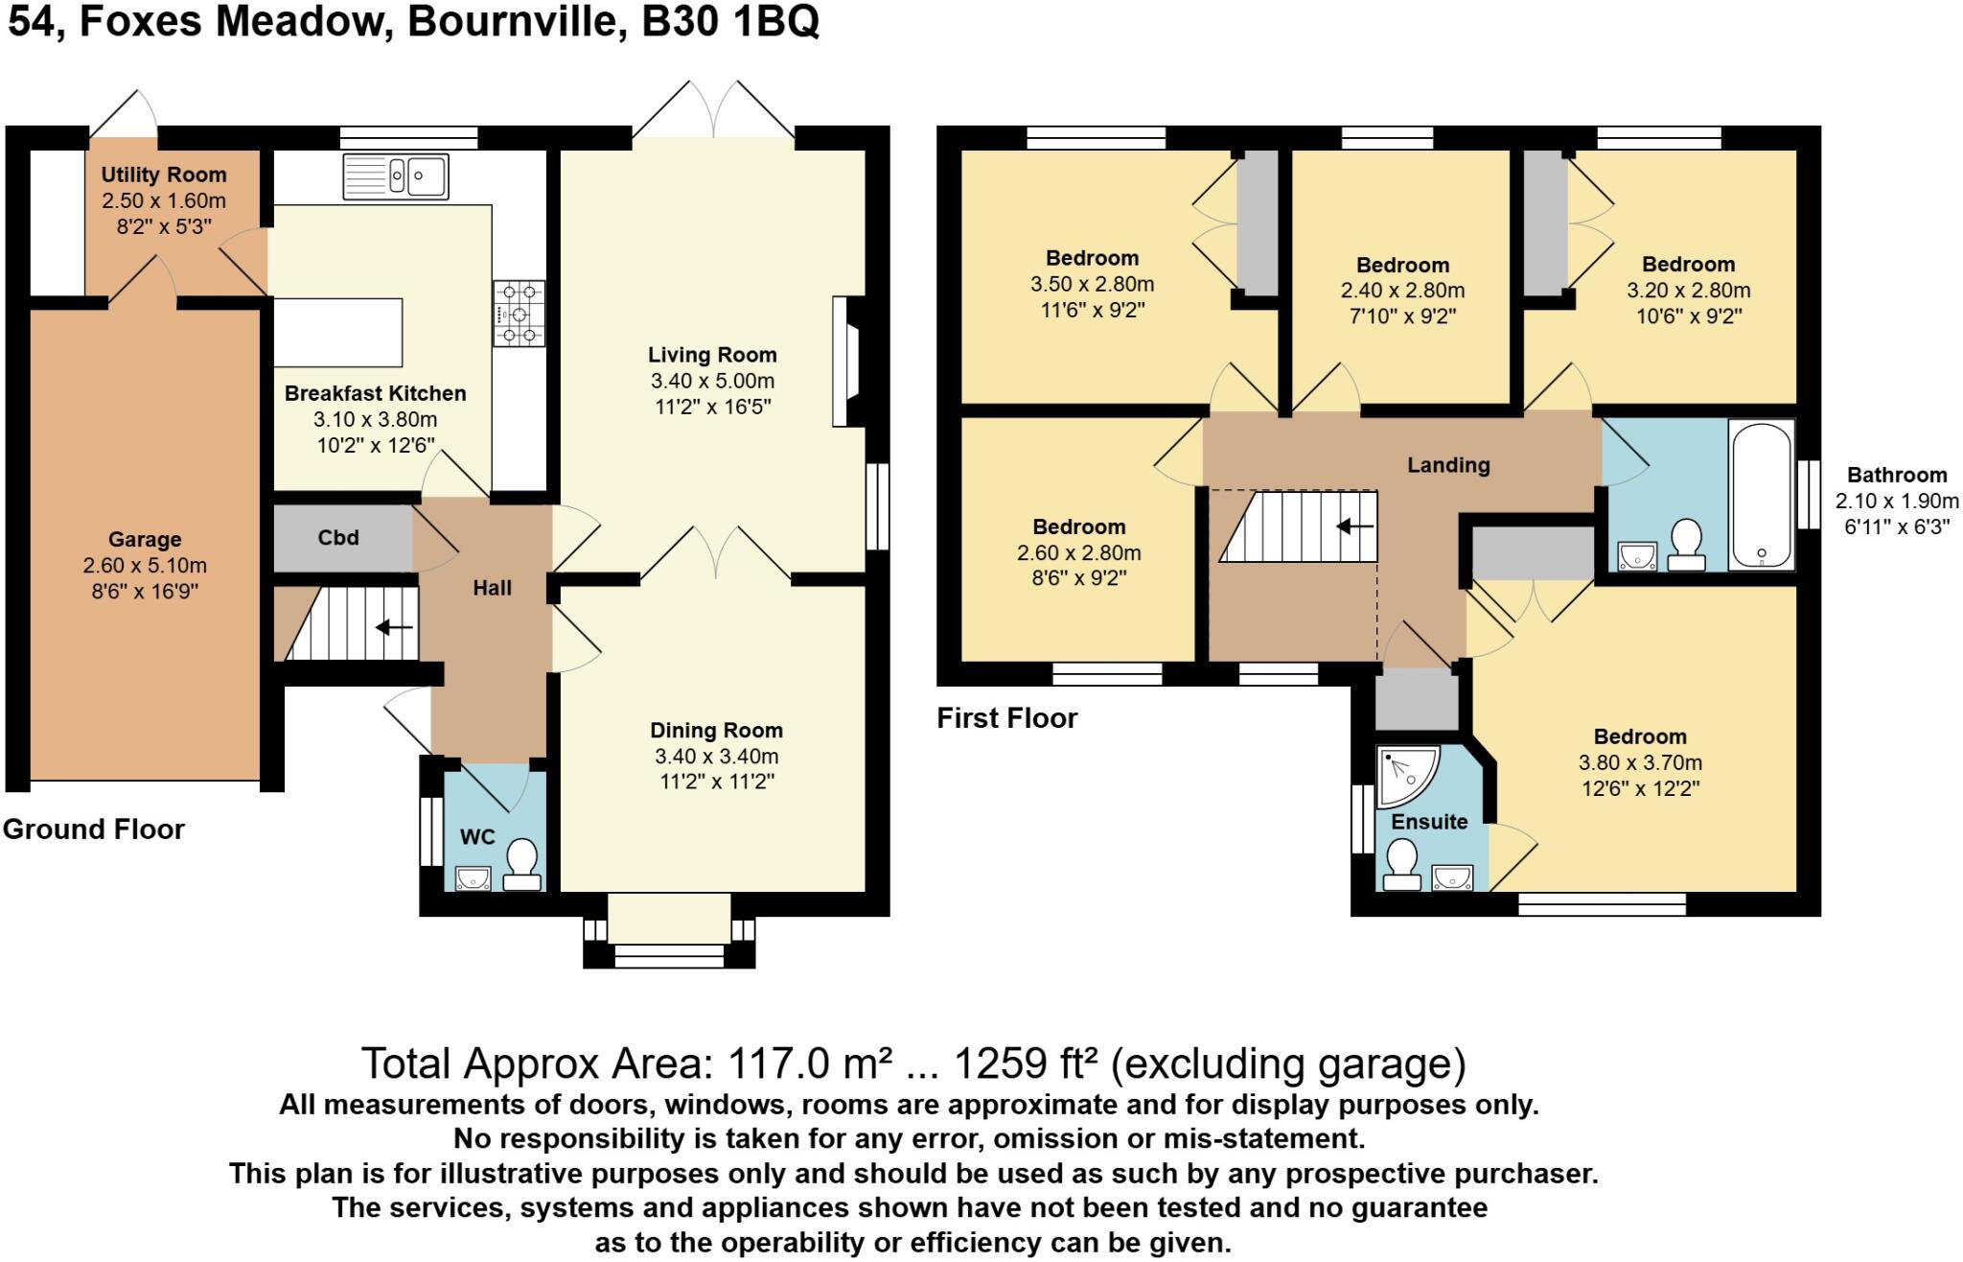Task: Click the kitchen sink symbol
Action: [x=395, y=176]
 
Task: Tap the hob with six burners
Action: [x=519, y=313]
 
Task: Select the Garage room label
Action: [x=145, y=540]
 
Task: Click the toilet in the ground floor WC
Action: [x=522, y=864]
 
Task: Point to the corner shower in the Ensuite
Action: [x=1405, y=775]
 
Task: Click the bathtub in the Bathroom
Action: [x=1762, y=495]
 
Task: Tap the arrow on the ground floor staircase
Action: [x=393, y=628]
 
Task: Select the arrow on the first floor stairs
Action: [x=1354, y=526]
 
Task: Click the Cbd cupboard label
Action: [x=338, y=538]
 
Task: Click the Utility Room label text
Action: [x=164, y=175]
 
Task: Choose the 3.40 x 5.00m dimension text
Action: [x=711, y=381]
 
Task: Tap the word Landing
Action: [x=1447, y=465]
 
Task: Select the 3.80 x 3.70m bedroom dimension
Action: [x=1639, y=763]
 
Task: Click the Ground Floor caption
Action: [x=93, y=830]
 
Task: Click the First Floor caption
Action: [x=1006, y=718]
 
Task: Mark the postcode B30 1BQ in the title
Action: [x=730, y=21]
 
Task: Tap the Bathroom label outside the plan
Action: [x=1896, y=475]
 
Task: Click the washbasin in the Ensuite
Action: [x=1452, y=877]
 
